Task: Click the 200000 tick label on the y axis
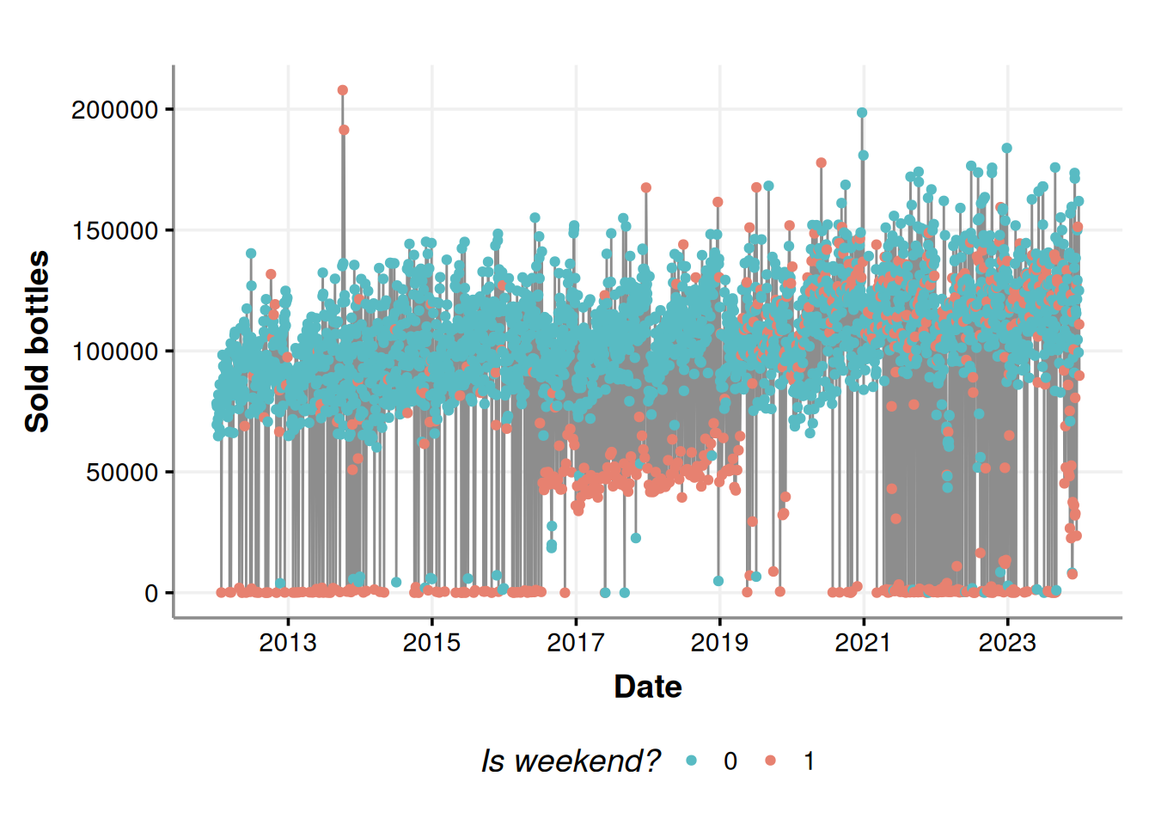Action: pyautogui.click(x=115, y=110)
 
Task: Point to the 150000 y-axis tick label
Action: pyautogui.click(x=115, y=231)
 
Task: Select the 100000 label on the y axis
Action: pyautogui.click(x=115, y=351)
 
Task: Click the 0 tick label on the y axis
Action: pyautogui.click(x=151, y=593)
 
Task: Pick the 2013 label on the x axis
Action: pyautogui.click(x=288, y=643)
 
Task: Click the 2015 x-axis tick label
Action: pyautogui.click(x=431, y=643)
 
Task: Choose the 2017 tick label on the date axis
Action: pyautogui.click(x=576, y=643)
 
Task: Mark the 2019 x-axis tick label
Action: pyautogui.click(x=719, y=643)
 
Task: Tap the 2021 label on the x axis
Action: pyautogui.click(x=863, y=643)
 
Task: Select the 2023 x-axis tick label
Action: pyautogui.click(x=1007, y=643)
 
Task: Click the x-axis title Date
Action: pyautogui.click(x=648, y=687)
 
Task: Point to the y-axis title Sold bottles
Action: pyautogui.click(x=37, y=341)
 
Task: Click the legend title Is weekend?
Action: pyautogui.click(x=571, y=761)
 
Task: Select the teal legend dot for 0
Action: pyautogui.click(x=692, y=761)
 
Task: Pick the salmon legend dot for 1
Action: pyautogui.click(x=770, y=761)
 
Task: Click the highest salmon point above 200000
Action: pyautogui.click(x=343, y=90)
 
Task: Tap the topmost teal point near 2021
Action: pyautogui.click(x=862, y=113)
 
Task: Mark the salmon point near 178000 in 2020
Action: pyautogui.click(x=821, y=162)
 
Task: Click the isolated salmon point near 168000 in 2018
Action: pyautogui.click(x=646, y=187)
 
